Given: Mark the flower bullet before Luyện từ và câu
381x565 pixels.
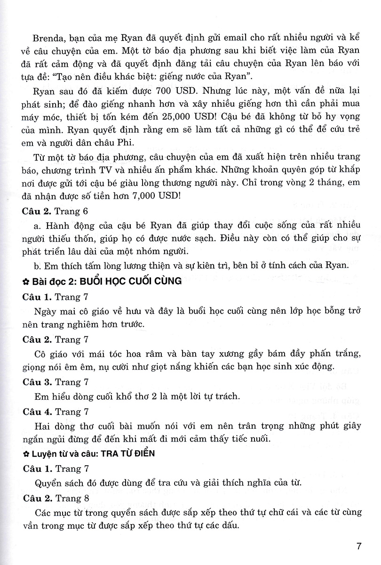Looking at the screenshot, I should coord(26,454).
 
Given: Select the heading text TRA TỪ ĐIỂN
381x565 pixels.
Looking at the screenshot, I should coord(127,454).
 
